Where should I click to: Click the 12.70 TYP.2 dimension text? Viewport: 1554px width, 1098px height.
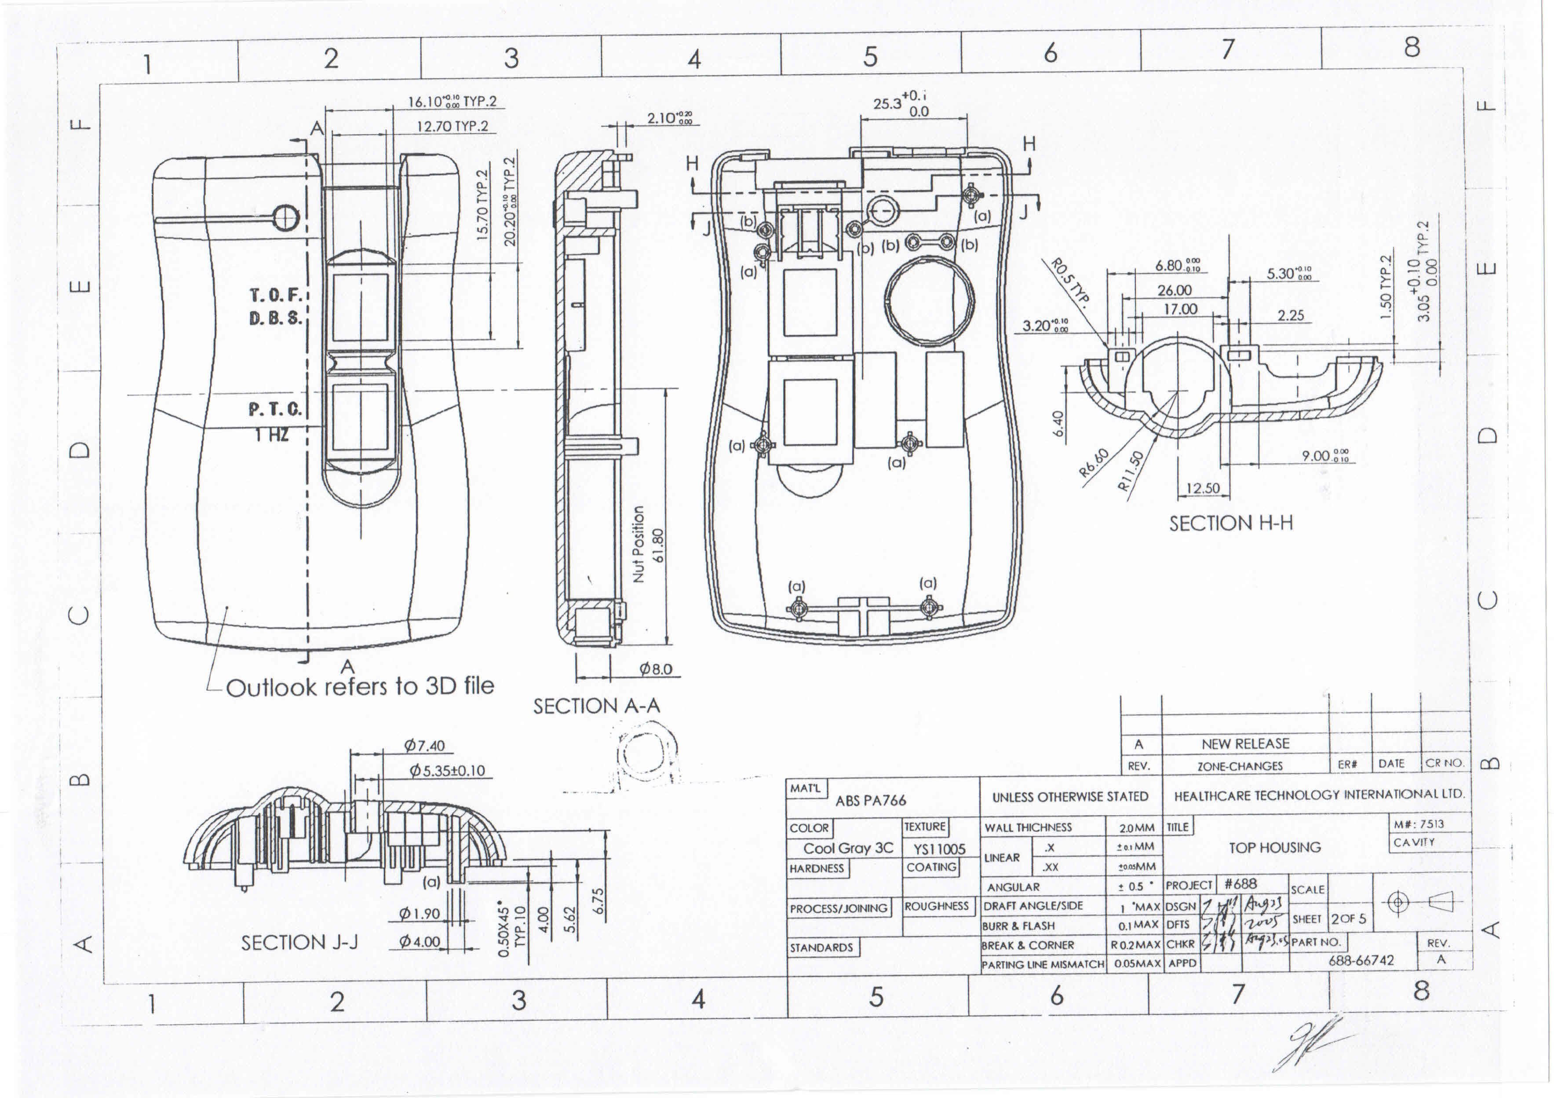(452, 126)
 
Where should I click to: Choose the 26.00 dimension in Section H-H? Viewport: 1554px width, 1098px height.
(1175, 290)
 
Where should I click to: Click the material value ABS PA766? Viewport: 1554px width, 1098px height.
(870, 801)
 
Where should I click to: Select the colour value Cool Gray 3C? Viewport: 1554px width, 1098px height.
(848, 848)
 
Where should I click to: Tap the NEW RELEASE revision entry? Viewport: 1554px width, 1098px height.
(1245, 743)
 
